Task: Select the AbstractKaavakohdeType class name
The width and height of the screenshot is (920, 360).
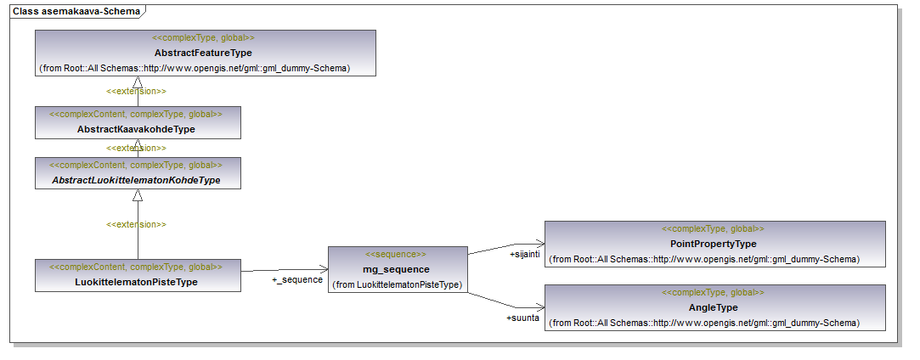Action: coord(136,130)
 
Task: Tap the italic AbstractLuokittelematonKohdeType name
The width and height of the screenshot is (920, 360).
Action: coord(136,180)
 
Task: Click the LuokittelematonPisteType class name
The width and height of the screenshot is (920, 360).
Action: coord(136,282)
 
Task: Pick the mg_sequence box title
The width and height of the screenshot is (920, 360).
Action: coord(397,270)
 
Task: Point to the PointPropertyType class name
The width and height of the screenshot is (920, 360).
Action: coord(713,244)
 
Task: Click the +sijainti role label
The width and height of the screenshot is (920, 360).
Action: coord(522,254)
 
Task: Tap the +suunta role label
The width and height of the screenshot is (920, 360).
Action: coord(522,318)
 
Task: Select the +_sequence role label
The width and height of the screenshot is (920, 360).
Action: coord(296,279)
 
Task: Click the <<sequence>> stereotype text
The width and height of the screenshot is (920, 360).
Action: coord(396,255)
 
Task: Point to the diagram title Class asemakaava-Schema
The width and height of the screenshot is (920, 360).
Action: coord(76,10)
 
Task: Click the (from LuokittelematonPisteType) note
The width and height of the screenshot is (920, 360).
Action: coord(398,285)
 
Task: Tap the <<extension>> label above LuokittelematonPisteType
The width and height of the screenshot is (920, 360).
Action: coord(136,224)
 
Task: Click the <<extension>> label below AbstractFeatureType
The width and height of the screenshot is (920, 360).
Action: coord(136,92)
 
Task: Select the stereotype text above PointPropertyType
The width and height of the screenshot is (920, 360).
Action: coord(713,229)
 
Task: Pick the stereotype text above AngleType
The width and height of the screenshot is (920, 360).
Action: coord(713,293)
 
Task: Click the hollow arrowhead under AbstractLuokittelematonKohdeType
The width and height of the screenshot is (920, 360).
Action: coord(138,195)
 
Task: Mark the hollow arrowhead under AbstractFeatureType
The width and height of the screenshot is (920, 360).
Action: coord(138,82)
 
